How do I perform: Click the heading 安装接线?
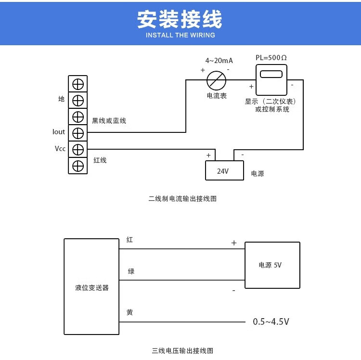180,20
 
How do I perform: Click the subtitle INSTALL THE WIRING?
180,35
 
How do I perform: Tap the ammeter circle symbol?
217,79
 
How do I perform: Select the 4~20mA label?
219,61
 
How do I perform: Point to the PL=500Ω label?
271,58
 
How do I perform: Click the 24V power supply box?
224,171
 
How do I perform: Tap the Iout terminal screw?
78,132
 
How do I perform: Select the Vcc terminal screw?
78,149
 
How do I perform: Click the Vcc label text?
60,149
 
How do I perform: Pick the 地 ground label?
61,99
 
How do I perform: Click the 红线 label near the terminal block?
100,160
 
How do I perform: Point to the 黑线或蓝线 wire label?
109,121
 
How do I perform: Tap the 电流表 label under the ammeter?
217,96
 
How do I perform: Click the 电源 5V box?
272,265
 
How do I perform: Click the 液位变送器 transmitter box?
91,287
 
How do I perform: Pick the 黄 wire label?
130,312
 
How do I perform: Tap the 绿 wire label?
131,271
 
